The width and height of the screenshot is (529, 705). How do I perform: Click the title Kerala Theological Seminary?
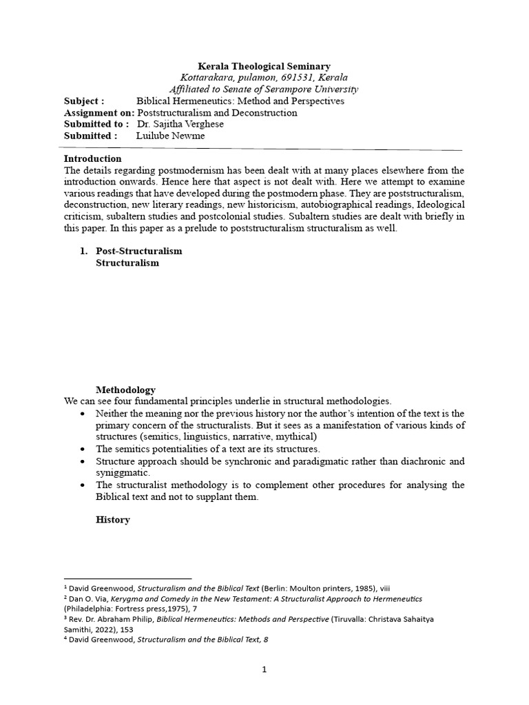[x=264, y=66]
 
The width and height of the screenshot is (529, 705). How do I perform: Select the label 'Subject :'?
[x=84, y=101]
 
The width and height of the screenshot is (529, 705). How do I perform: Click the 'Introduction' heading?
[x=92, y=158]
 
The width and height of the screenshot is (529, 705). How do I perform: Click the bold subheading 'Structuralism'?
[x=127, y=263]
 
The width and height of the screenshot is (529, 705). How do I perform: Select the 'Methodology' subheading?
[x=125, y=390]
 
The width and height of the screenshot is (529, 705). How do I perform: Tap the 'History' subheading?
[x=112, y=520]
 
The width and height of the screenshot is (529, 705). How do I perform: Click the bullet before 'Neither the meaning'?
[x=83, y=414]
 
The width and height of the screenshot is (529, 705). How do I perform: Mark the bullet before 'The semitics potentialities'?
[x=83, y=449]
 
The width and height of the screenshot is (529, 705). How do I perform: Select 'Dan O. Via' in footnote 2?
[x=86, y=600]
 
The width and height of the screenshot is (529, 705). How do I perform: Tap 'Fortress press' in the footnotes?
[x=149, y=609]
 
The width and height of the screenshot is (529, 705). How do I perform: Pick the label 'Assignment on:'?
[x=99, y=113]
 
